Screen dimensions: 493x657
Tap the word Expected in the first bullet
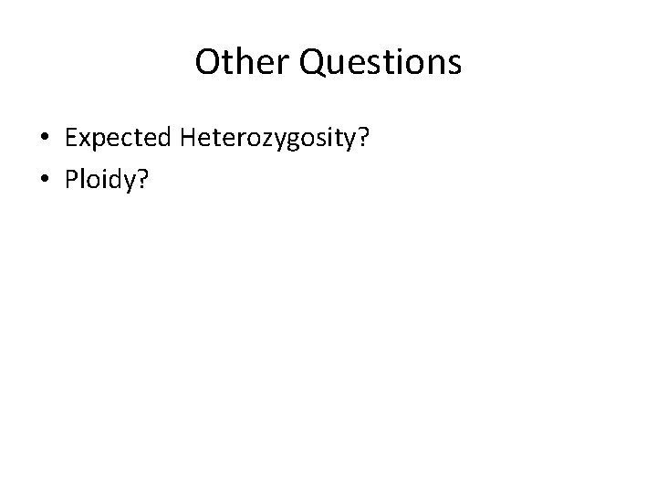pos(119,138)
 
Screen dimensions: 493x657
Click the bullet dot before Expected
pos(45,139)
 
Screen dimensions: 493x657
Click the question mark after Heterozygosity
pos(351,138)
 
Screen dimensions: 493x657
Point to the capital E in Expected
pos(71,138)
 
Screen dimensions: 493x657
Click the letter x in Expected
pos(84,140)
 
